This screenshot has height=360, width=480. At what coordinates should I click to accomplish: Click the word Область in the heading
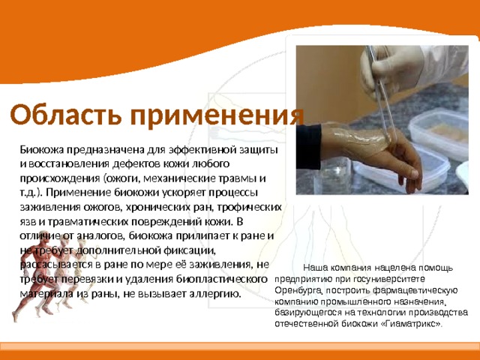(66, 115)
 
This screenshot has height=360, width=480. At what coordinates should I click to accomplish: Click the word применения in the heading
(217, 115)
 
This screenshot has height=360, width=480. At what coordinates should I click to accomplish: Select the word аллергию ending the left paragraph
(215, 294)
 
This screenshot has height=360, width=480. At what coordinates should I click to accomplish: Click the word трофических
(249, 208)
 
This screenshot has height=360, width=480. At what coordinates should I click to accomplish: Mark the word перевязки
(88, 280)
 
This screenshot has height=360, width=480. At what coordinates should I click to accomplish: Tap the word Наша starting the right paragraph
(315, 268)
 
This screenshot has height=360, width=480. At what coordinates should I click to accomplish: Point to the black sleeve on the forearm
(308, 146)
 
